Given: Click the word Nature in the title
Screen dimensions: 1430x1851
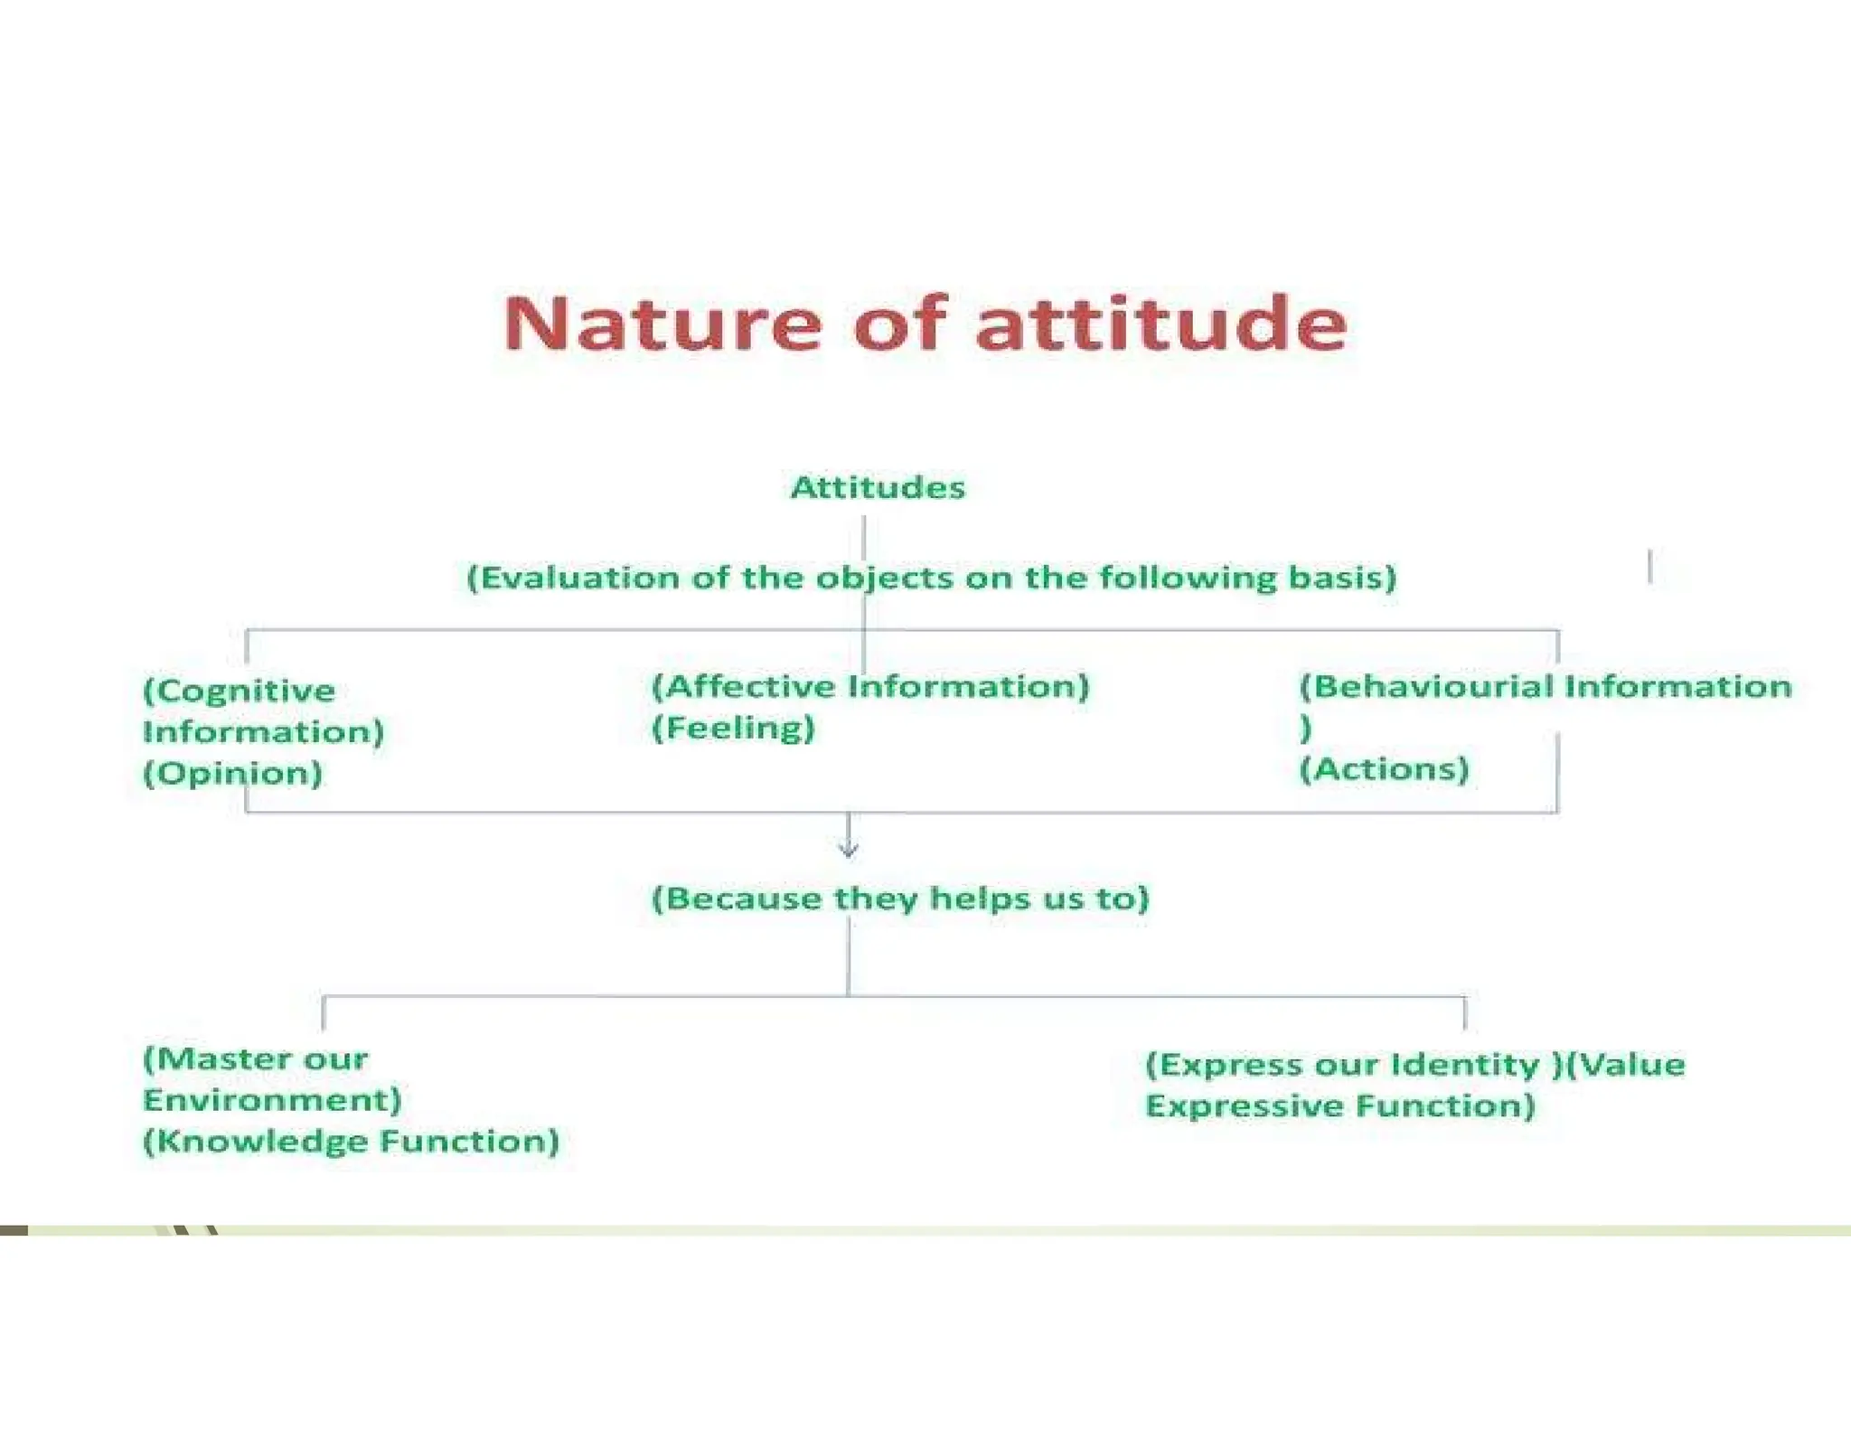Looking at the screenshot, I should pos(662,325).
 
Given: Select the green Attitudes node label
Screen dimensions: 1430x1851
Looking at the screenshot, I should pos(878,488).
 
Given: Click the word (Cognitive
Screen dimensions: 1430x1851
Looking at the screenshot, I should pos(239,691).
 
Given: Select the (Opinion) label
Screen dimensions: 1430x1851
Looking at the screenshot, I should pos(232,774).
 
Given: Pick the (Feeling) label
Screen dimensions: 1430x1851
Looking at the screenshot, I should pos(733,729).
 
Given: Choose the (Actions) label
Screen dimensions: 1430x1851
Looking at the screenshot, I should pos(1384,770).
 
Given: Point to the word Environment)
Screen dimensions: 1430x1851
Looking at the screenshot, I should pos(272,1101).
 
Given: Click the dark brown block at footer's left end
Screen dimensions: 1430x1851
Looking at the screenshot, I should pos(14,1230).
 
